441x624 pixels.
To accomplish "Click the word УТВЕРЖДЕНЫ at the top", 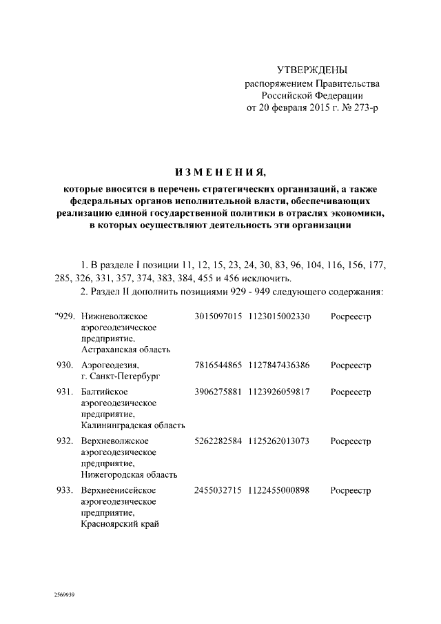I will pyautogui.click(x=312, y=70).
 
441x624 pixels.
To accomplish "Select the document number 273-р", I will pyautogui.click(x=365, y=108).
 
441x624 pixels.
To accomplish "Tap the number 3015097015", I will pyautogui.click(x=218, y=316).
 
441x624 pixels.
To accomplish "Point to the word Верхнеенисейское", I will pyautogui.click(x=118, y=490).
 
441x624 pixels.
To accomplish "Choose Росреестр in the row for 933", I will pyautogui.click(x=351, y=490).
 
